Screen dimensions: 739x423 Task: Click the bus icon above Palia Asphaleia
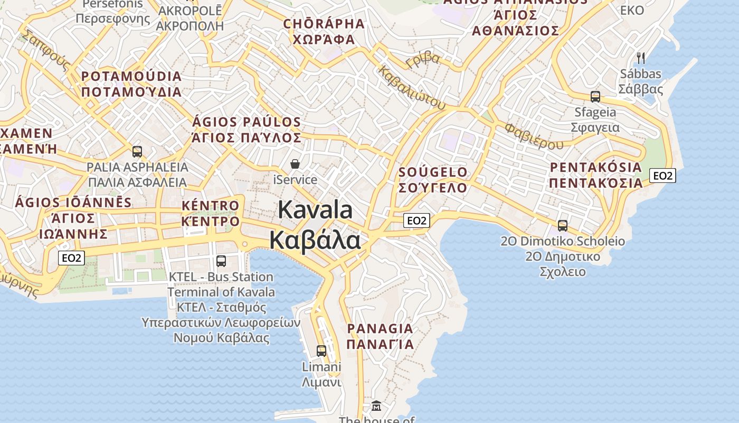(137, 152)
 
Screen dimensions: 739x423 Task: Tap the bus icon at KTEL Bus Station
(221, 261)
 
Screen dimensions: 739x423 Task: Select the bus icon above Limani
(321, 351)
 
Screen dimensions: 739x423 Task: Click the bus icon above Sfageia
(595, 97)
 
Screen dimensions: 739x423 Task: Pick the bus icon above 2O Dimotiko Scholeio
(563, 226)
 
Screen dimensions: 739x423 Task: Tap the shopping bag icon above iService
(295, 164)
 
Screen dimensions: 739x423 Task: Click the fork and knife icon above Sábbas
(641, 58)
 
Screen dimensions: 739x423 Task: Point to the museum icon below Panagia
(376, 406)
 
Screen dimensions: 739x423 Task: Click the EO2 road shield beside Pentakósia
(662, 176)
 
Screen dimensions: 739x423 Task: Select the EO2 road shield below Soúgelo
(416, 220)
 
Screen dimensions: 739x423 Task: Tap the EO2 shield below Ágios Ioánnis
(71, 258)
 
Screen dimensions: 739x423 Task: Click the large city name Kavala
(315, 210)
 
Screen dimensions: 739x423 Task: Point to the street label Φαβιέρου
(534, 136)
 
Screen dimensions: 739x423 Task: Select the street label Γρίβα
(423, 59)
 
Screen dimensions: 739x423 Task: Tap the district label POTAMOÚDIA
(131, 76)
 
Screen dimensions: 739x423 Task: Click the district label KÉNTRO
(210, 205)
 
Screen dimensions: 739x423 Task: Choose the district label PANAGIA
(380, 328)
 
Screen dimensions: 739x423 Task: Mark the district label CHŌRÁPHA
(324, 24)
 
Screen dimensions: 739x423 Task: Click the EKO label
(632, 10)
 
